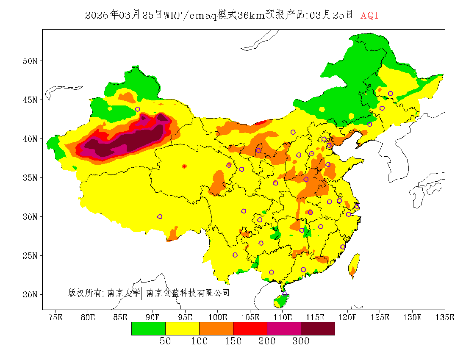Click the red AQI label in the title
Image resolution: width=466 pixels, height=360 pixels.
click(369, 16)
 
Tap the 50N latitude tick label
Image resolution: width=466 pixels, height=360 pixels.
click(30, 61)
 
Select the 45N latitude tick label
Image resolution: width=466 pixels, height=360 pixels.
click(30, 100)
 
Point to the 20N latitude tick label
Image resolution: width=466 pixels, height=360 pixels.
click(30, 294)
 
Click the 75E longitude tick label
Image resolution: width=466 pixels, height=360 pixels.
click(55, 317)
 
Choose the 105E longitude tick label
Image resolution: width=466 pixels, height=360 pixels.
click(250, 317)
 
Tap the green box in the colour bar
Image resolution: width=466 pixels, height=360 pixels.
click(148, 329)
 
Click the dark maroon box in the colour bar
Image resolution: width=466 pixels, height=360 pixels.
click(318, 329)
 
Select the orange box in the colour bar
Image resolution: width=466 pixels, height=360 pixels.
click(216, 329)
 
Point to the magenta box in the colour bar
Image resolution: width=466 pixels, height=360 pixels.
click(284, 329)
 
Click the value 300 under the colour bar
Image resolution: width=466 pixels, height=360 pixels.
click(301, 341)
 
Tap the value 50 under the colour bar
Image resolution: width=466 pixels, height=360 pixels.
click(165, 341)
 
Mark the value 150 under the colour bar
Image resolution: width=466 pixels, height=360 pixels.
click(233, 341)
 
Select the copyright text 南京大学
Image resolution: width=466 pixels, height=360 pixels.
click(123, 293)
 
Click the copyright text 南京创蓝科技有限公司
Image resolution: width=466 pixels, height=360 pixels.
click(188, 293)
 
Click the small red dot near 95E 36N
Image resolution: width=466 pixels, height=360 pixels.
click(184, 166)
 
